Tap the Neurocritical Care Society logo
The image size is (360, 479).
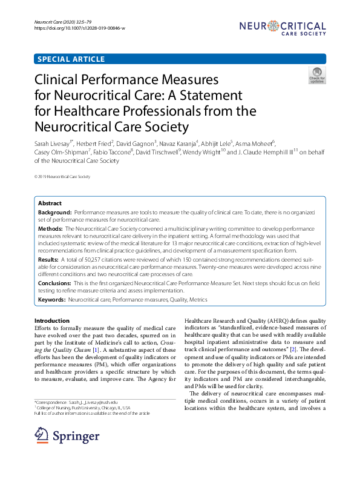(282, 28)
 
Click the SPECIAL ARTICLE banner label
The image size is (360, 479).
(71, 59)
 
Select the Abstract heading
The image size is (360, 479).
(50, 204)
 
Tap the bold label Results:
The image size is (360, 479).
(49, 259)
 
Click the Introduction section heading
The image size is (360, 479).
(52, 320)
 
